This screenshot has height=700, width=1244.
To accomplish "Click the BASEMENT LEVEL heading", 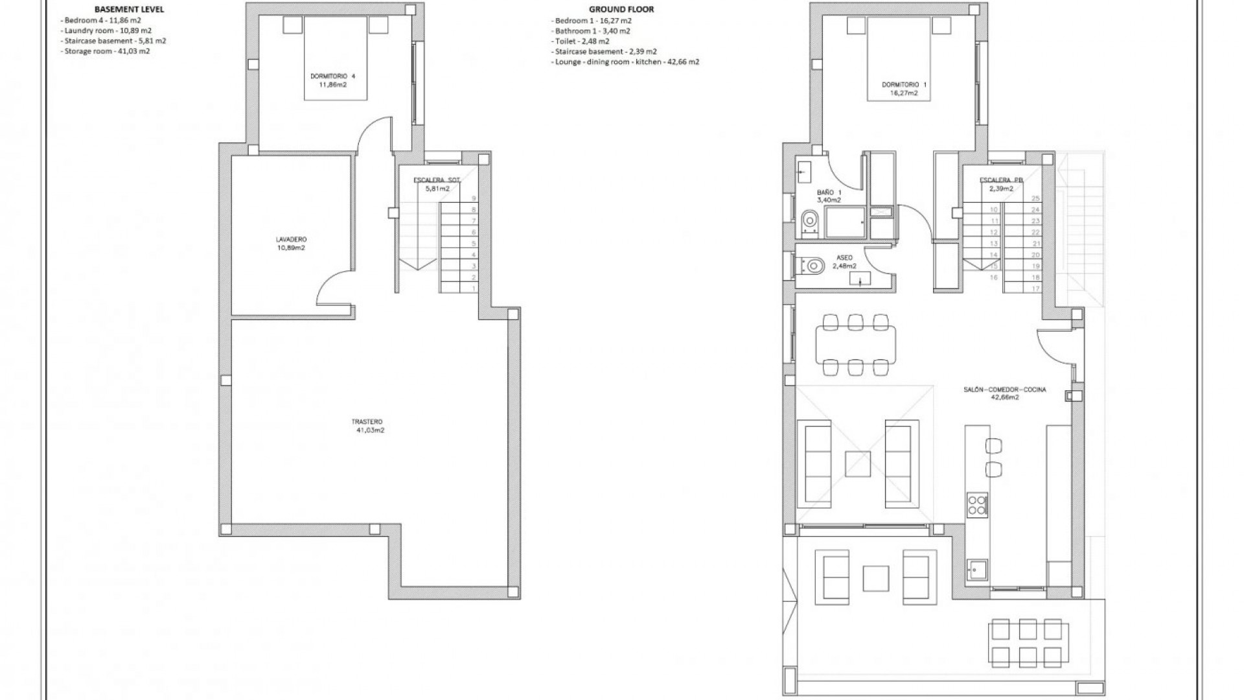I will tap(129, 9).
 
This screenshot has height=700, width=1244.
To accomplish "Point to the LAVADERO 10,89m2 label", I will tap(290, 243).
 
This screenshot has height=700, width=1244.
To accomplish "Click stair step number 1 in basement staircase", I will tap(474, 288).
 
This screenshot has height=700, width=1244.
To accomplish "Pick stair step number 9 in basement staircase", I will tap(474, 198).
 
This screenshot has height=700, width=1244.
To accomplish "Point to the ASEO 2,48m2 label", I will tap(844, 262).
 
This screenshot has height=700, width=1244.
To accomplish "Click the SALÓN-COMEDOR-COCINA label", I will tap(1004, 393).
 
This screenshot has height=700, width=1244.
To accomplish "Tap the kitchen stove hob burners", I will tap(976, 504).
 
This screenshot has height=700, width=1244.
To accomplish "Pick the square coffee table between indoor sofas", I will tap(857, 464).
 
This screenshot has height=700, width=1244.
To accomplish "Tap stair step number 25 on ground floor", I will tap(1035, 198).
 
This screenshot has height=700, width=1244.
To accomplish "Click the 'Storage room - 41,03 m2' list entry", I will tap(107, 51).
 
